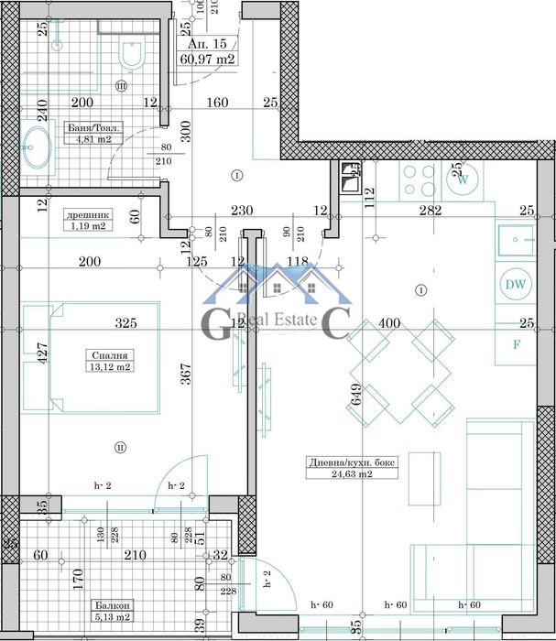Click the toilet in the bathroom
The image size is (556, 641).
132,55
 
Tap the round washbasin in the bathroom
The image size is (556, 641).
37,147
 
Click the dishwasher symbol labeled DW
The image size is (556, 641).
515,285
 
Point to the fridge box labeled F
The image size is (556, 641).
515,345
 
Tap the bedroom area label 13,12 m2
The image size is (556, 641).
108,367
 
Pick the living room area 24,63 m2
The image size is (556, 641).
339,474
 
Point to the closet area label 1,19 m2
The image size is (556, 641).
88,225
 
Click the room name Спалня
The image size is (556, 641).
108,355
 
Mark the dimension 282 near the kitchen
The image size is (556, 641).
430,211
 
